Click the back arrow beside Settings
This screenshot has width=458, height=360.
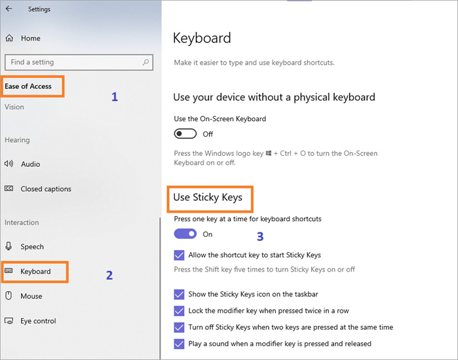pyautogui.click(x=9, y=9)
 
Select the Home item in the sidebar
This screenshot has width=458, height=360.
pyautogui.click(x=30, y=38)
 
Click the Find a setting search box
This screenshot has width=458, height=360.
pyautogui.click(x=72, y=62)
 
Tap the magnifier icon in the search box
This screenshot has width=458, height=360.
pyautogui.click(x=146, y=62)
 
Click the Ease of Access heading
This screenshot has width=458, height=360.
pyautogui.click(x=28, y=86)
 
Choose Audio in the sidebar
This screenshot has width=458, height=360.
pyautogui.click(x=30, y=164)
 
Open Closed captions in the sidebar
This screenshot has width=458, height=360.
pyautogui.click(x=46, y=189)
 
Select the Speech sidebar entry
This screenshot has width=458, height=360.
pyautogui.click(x=32, y=247)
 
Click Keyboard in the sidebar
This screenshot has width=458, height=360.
pyautogui.click(x=35, y=271)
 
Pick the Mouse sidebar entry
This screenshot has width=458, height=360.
pyautogui.click(x=31, y=296)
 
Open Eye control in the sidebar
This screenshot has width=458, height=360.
pyautogui.click(x=38, y=321)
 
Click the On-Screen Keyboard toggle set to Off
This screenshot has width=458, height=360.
pyautogui.click(x=185, y=134)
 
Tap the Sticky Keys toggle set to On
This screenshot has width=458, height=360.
pyautogui.click(x=185, y=234)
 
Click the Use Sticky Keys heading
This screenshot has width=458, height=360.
pyautogui.click(x=208, y=197)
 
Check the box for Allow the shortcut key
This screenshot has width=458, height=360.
pyautogui.click(x=180, y=255)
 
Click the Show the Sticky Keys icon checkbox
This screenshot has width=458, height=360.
pyautogui.click(x=180, y=295)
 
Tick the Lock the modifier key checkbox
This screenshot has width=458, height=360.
pyautogui.click(x=180, y=311)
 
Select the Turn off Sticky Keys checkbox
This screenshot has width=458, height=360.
pyautogui.click(x=180, y=327)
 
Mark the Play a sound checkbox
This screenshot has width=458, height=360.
pyautogui.click(x=180, y=344)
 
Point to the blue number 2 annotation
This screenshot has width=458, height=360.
pyautogui.click(x=109, y=276)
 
